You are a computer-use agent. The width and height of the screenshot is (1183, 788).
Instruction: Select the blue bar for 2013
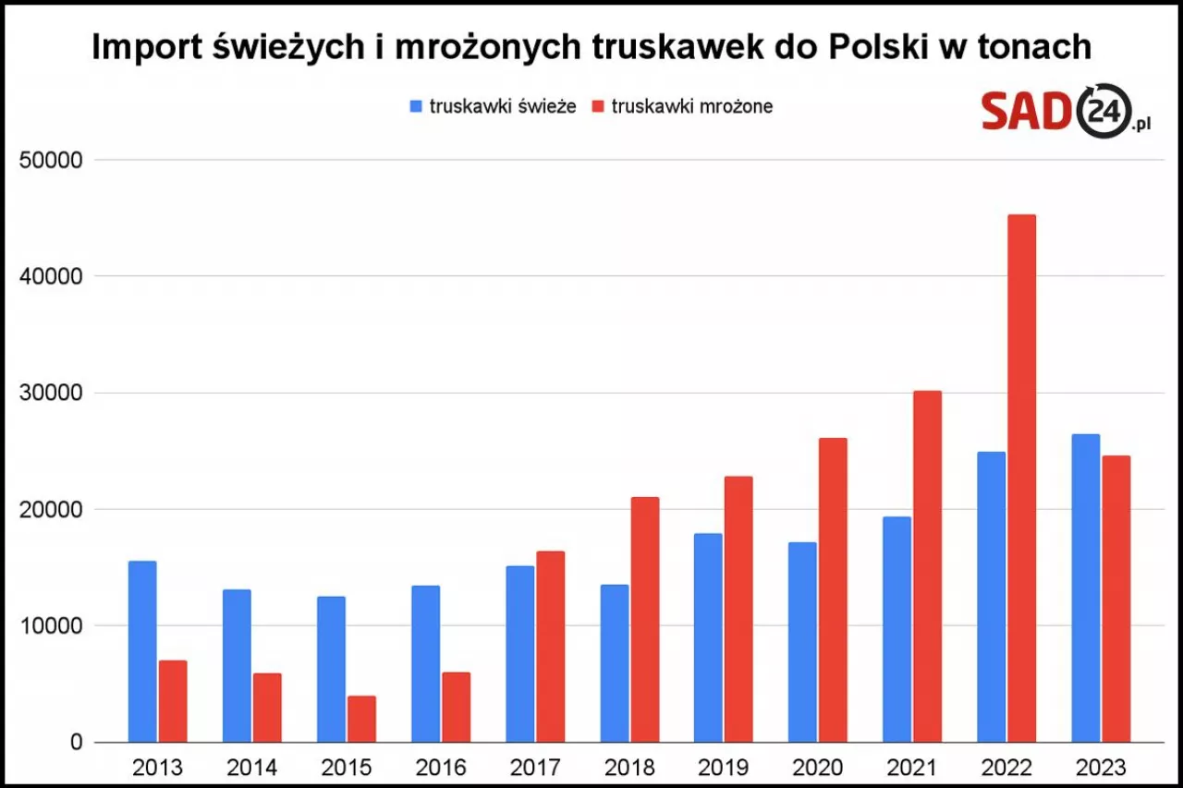142,651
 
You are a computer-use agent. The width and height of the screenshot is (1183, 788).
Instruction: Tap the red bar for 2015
361,719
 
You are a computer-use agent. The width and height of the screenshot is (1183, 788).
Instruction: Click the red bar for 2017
550,647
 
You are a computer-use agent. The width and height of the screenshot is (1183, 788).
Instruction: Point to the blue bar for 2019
708,637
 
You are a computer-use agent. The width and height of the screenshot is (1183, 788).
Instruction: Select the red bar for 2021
926,566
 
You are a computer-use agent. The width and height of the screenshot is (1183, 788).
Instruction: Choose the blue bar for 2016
425,663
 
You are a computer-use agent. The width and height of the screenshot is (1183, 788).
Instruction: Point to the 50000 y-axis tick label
51,160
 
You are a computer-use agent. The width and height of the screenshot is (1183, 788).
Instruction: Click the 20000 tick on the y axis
51,509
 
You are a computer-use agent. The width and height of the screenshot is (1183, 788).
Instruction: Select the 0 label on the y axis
76,743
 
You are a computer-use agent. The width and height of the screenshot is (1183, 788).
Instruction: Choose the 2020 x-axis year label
818,768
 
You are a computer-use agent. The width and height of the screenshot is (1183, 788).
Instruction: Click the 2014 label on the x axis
251,768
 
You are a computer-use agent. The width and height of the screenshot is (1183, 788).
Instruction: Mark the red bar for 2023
1115,599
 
